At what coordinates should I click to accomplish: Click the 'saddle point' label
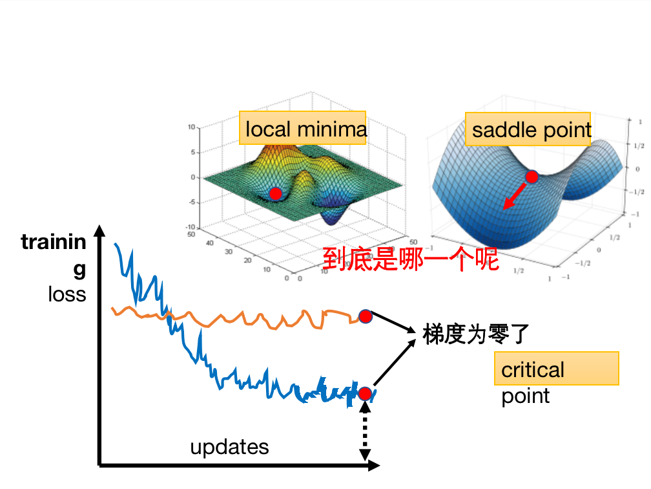click(x=531, y=130)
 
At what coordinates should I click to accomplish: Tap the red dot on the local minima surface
click(x=276, y=193)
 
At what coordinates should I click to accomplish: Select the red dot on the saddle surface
click(x=532, y=177)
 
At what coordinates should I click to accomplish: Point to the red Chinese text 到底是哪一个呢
click(x=411, y=259)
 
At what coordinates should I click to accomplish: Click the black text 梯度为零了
click(x=477, y=334)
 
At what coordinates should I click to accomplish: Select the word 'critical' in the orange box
click(x=533, y=370)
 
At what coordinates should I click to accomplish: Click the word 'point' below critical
click(x=525, y=395)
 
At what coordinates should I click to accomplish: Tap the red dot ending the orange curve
click(x=366, y=316)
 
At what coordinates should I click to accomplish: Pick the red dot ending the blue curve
click(x=365, y=393)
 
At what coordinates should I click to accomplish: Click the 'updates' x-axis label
click(x=229, y=447)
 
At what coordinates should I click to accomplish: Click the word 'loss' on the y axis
click(x=67, y=294)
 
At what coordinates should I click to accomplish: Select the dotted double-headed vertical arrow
click(x=365, y=432)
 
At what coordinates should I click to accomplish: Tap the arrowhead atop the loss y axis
click(x=99, y=231)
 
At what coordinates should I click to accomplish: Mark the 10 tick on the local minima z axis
click(x=191, y=127)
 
